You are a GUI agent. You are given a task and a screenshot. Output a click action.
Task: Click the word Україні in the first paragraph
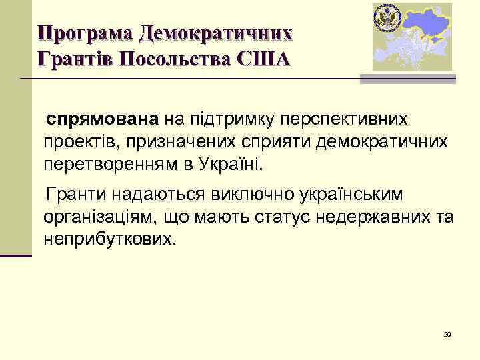click(236, 164)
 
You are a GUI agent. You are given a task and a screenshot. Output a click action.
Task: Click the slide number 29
click(447, 334)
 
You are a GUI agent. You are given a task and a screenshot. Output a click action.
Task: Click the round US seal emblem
click(386, 17)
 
